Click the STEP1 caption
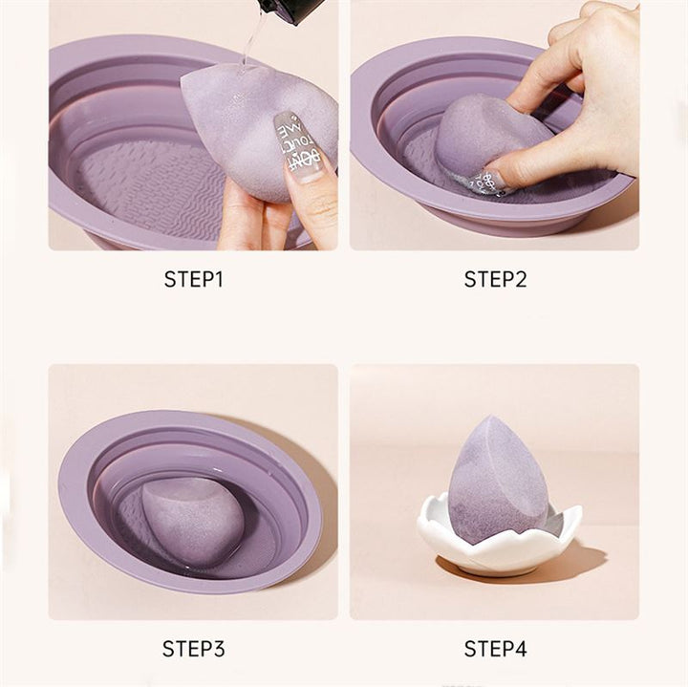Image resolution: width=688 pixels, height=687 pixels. point(193,280)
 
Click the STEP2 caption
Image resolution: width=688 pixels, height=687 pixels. point(495,280)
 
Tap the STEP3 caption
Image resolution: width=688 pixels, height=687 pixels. point(193,650)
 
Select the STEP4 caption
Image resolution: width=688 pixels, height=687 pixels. point(495,650)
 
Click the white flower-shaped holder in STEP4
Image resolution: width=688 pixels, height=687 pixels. point(497,549)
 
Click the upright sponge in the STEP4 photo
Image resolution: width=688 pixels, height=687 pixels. point(497,483)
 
